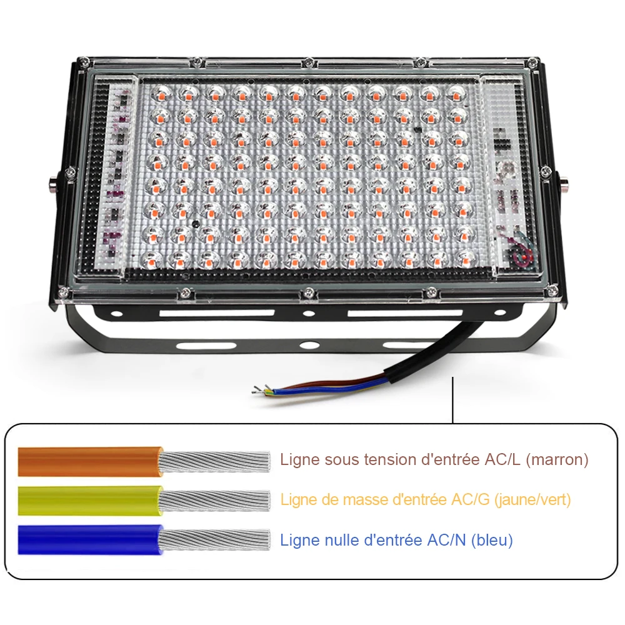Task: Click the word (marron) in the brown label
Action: (x=557, y=460)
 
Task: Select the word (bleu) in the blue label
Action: (x=492, y=540)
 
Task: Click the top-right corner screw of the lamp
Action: (x=532, y=61)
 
